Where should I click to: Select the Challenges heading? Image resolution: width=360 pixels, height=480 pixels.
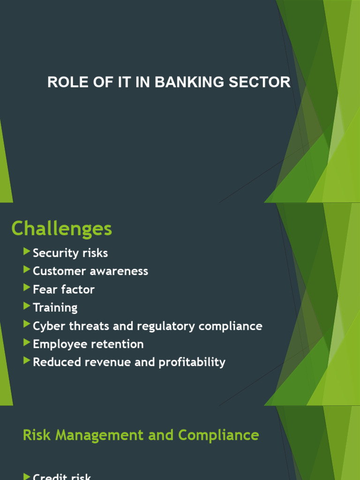pos(61,229)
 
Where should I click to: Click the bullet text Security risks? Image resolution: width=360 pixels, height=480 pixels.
pos(70,253)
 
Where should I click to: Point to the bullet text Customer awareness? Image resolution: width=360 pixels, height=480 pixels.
pos(90,271)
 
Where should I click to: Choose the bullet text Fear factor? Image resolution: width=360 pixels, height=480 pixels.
pos(64,290)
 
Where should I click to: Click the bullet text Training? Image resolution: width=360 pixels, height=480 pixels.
pos(55,308)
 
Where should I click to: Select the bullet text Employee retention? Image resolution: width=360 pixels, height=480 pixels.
pos(88,344)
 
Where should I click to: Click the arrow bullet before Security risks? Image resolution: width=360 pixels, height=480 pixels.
pos(26,252)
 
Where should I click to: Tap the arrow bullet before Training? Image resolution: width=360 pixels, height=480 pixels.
pos(26,307)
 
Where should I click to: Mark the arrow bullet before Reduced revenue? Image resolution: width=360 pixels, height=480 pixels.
pos(26,361)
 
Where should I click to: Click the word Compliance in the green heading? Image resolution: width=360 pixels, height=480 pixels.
pos(218,435)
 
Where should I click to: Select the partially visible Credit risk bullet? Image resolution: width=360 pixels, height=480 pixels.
pos(62,476)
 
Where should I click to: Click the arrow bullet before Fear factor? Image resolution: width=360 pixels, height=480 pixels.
pos(26,289)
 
